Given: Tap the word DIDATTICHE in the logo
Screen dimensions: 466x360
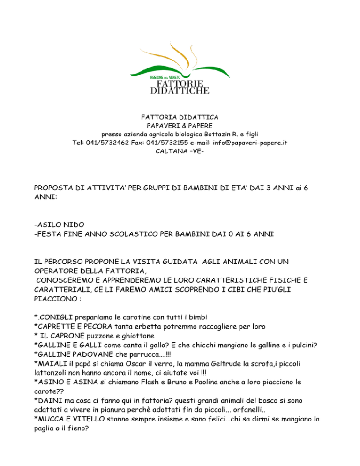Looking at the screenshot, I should pyautogui.click(x=179, y=90).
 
